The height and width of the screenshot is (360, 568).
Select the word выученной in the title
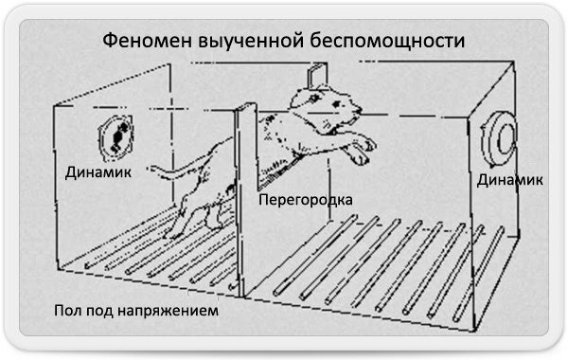(x=251, y=41)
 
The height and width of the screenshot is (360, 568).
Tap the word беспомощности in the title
(x=387, y=40)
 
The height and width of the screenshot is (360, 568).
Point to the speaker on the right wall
(x=499, y=138)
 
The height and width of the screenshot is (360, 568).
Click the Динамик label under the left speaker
(x=98, y=172)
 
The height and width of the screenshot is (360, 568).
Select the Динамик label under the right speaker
(x=509, y=180)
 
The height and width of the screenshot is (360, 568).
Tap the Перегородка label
(x=306, y=200)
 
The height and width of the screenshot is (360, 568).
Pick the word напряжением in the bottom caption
(x=169, y=311)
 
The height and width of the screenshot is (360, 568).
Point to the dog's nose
(x=359, y=109)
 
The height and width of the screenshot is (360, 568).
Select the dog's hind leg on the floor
(x=179, y=220)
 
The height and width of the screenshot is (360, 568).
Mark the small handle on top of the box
(x=317, y=75)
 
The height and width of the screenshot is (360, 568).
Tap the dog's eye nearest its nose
(x=337, y=104)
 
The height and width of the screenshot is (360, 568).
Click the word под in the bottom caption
(x=99, y=311)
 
